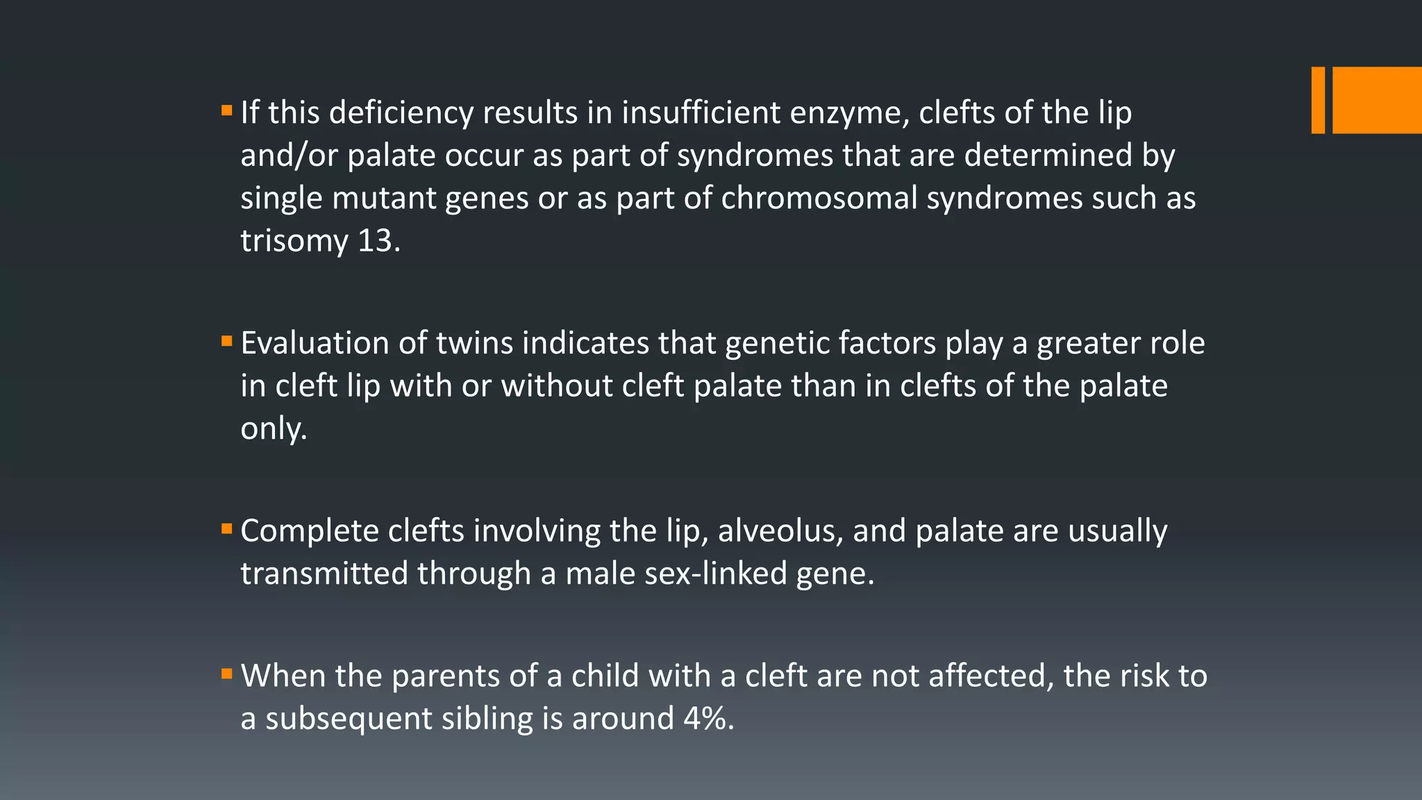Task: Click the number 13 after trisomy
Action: [378, 241]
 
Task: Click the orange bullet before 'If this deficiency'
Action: [226, 110]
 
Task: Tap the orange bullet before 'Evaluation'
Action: [226, 341]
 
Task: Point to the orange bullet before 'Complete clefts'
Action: [226, 529]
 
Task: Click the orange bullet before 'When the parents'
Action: [226, 674]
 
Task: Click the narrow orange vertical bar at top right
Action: [1317, 100]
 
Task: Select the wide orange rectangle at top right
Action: [1377, 100]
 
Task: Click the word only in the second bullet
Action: [274, 429]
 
